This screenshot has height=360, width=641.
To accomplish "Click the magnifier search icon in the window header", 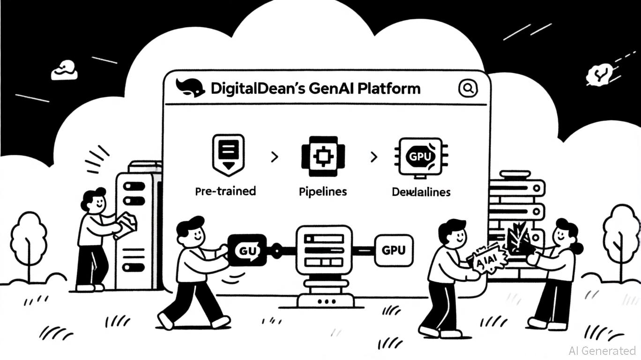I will tap(467, 88).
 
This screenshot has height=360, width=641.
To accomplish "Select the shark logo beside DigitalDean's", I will tap(190, 88).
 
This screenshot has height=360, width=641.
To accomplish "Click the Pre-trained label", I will tap(225, 191).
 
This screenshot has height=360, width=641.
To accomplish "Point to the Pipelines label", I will tap(323, 191).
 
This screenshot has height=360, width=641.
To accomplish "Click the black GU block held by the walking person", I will tap(247, 251).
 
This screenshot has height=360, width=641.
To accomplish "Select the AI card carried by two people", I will tap(488, 258).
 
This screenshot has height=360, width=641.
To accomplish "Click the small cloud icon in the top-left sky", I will tap(63, 70).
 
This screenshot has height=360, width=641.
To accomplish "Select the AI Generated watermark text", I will tap(602, 350).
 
